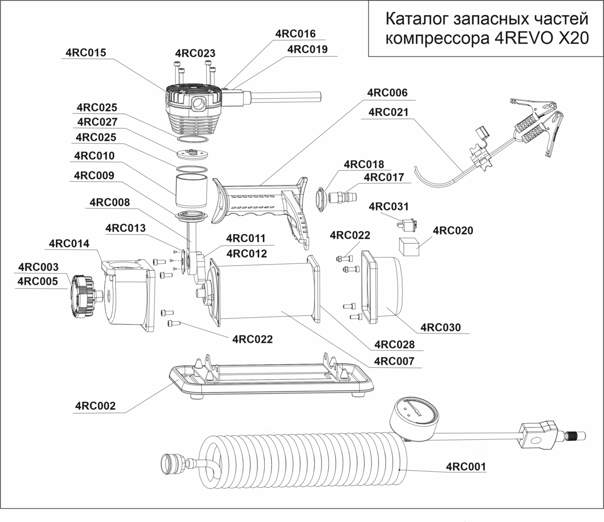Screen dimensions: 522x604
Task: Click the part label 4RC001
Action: coord(466,467)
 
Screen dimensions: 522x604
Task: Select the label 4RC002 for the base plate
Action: coord(96,406)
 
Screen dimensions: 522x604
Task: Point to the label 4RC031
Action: coord(389,207)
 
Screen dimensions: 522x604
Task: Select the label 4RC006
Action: coord(387,93)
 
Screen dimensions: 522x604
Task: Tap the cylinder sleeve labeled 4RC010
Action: coord(191,190)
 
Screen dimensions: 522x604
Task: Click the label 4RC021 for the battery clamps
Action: coord(389,112)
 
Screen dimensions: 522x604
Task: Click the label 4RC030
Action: coord(440,327)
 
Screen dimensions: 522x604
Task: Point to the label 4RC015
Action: coord(86,52)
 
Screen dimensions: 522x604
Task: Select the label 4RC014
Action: coord(69,244)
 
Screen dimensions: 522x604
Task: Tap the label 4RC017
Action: coord(384,177)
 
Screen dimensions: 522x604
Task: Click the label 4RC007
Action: coord(394,361)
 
